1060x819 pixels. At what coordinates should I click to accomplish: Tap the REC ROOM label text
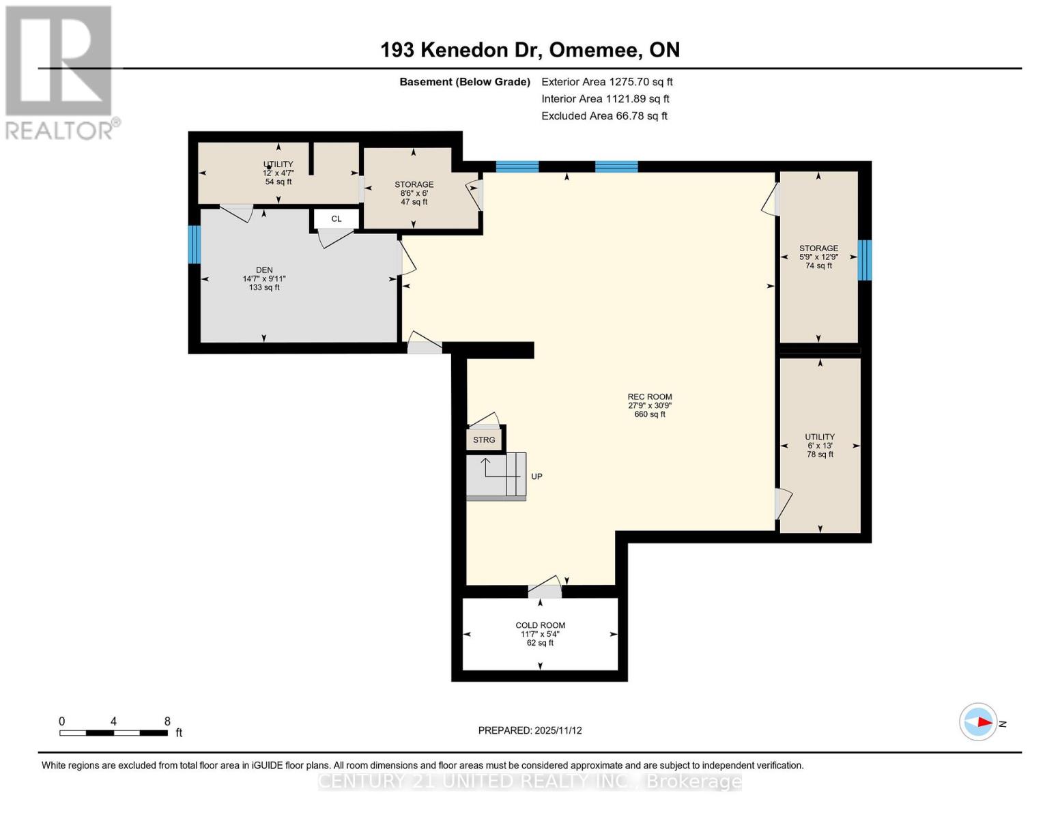coord(649,397)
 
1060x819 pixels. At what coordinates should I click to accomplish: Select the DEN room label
coord(264,270)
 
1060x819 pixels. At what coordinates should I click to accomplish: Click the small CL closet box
coord(336,219)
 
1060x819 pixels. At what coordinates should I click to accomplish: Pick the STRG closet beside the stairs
coord(484,440)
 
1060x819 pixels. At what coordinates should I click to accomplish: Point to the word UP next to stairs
coord(536,476)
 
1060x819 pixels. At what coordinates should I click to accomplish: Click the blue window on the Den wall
coord(195,244)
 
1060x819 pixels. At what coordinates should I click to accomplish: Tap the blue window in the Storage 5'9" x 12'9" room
coord(864,259)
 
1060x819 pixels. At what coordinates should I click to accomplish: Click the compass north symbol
coord(979,721)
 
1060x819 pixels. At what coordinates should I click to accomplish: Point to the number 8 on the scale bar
coord(167,721)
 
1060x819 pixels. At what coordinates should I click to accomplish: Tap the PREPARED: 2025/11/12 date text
coord(530,730)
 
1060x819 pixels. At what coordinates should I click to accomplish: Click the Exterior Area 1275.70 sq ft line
coord(607,82)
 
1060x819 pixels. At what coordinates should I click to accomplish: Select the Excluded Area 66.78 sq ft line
coord(604,116)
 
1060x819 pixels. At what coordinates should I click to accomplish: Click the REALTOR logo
coord(60,72)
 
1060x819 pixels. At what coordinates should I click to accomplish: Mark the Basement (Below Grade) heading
coord(464,82)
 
